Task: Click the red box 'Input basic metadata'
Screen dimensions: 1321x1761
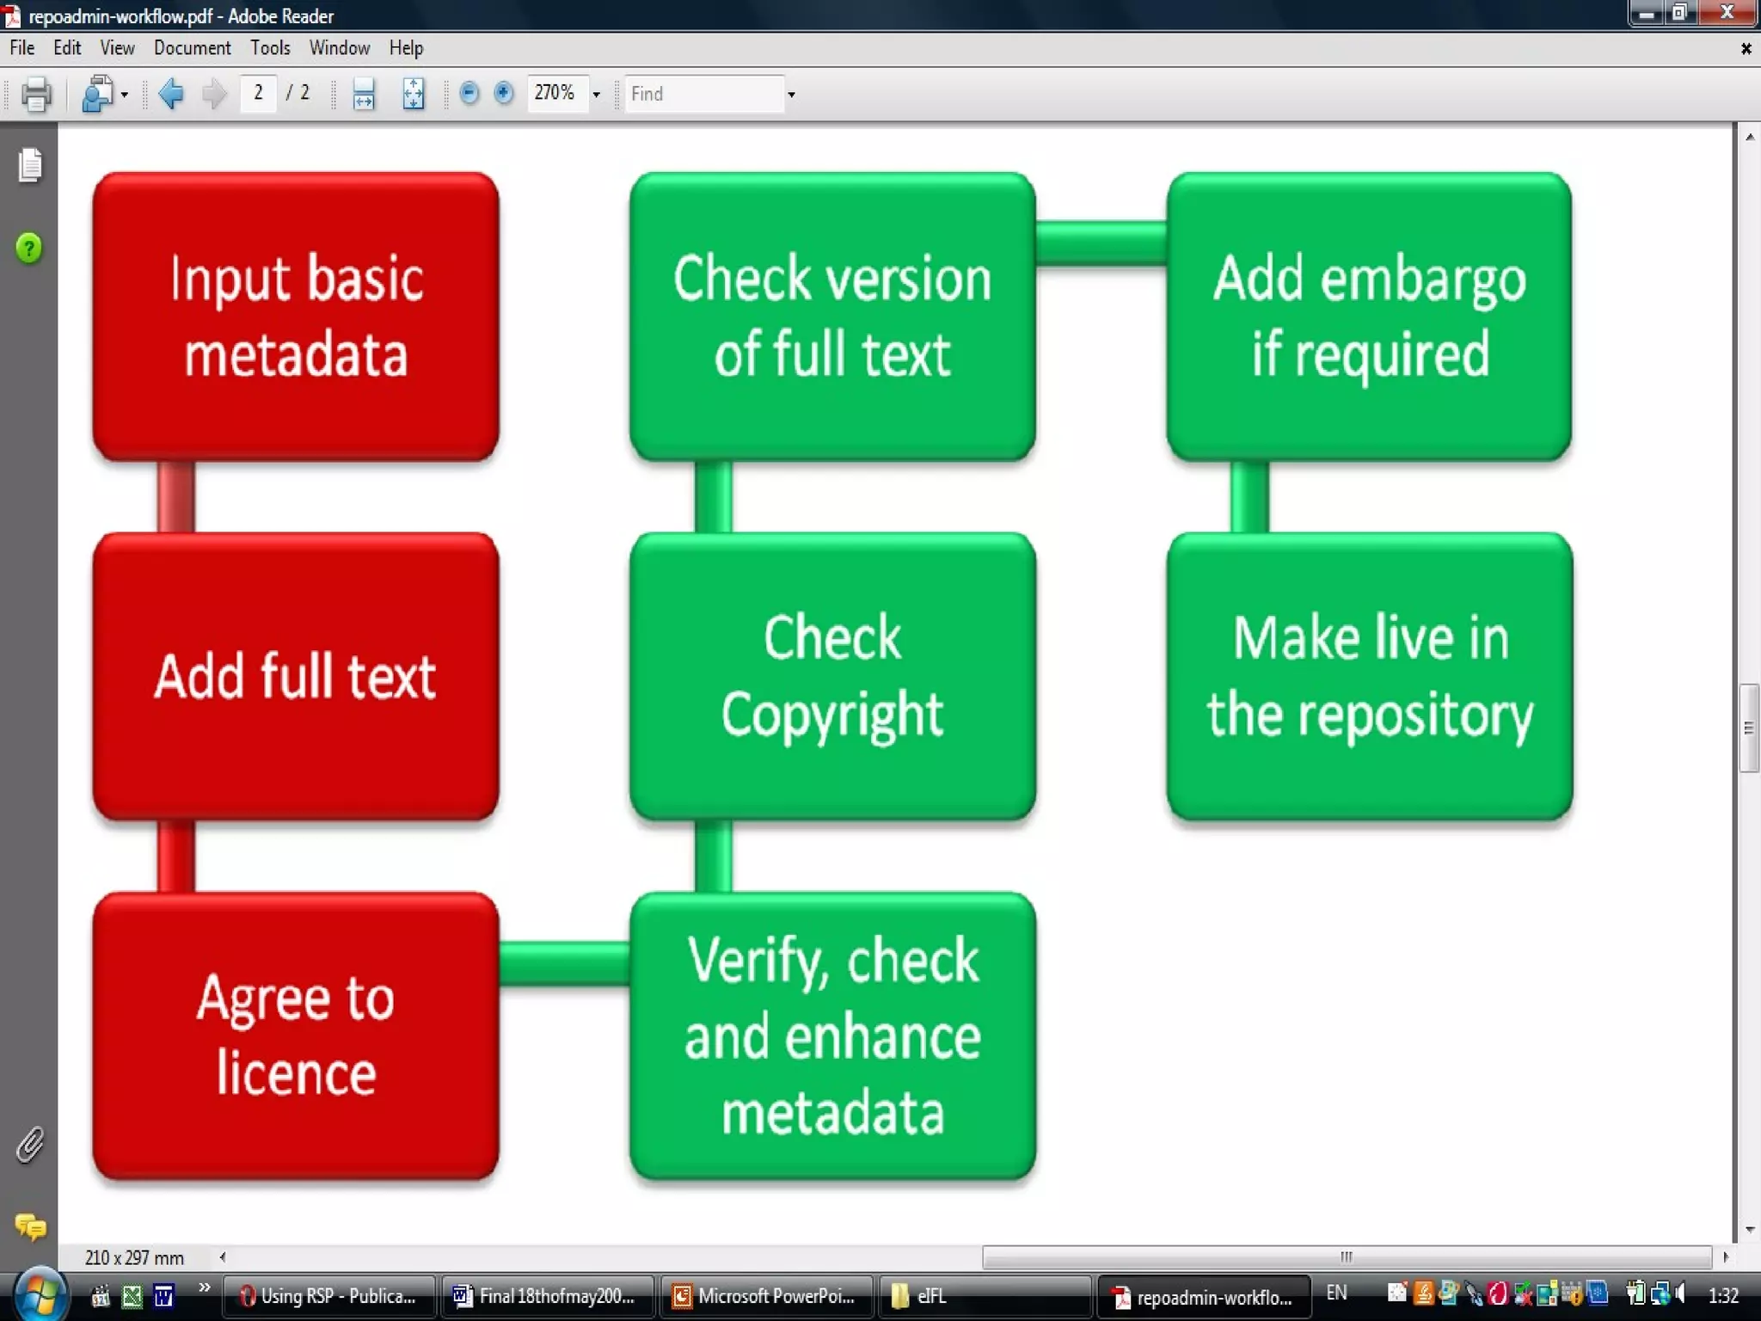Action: pos(296,316)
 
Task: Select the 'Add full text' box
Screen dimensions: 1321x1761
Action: pos(296,676)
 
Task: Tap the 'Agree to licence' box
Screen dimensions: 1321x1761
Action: pos(296,1035)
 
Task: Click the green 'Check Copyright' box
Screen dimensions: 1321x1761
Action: pos(832,676)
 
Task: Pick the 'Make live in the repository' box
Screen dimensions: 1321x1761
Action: pos(1370,676)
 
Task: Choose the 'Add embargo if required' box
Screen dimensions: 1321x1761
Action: pos(1370,316)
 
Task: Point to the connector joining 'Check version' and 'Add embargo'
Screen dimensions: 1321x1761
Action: pos(1101,243)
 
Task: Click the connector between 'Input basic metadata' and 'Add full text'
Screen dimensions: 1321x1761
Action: pos(176,496)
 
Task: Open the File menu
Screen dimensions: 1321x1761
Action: pos(22,48)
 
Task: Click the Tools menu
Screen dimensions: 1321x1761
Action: pos(270,48)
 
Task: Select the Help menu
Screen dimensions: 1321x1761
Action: pos(406,48)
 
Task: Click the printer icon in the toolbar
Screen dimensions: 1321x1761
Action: pos(35,94)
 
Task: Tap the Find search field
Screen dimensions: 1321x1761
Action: pos(705,94)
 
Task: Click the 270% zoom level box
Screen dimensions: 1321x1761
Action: pos(556,93)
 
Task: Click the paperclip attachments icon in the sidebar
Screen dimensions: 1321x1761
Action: pos(29,1145)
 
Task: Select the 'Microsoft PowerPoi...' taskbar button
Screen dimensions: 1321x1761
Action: pos(765,1296)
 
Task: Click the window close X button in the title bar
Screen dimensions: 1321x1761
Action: pos(1727,13)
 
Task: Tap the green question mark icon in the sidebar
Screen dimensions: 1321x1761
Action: pos(29,249)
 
